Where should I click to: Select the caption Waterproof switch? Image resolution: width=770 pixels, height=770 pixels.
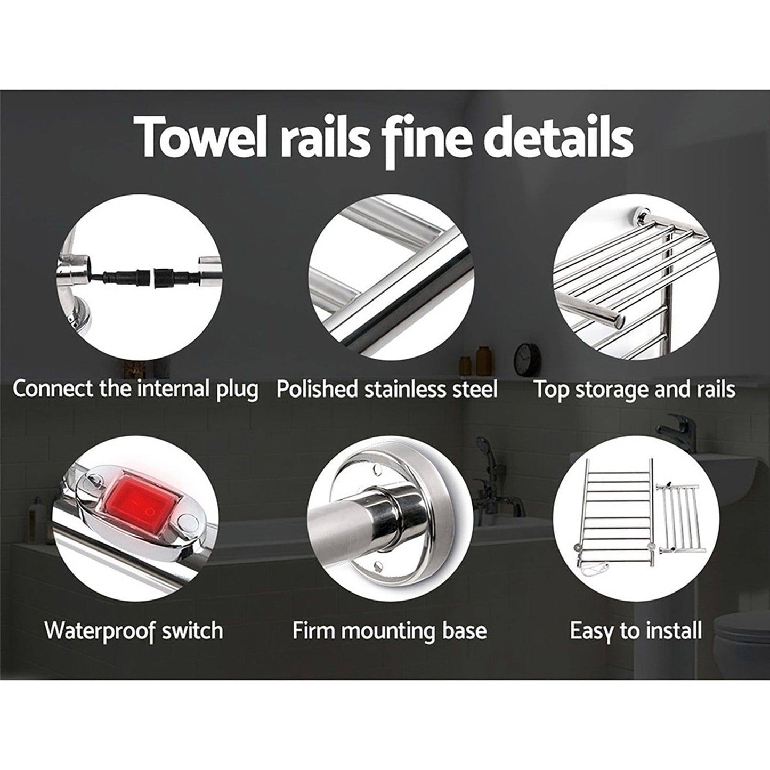click(x=134, y=630)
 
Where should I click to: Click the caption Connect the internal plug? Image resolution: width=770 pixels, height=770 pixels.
click(x=135, y=389)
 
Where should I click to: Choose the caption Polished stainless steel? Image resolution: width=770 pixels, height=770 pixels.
click(x=387, y=389)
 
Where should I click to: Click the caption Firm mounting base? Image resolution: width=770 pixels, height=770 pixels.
click(x=390, y=630)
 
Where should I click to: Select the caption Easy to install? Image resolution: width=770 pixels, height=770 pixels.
click(x=636, y=630)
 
